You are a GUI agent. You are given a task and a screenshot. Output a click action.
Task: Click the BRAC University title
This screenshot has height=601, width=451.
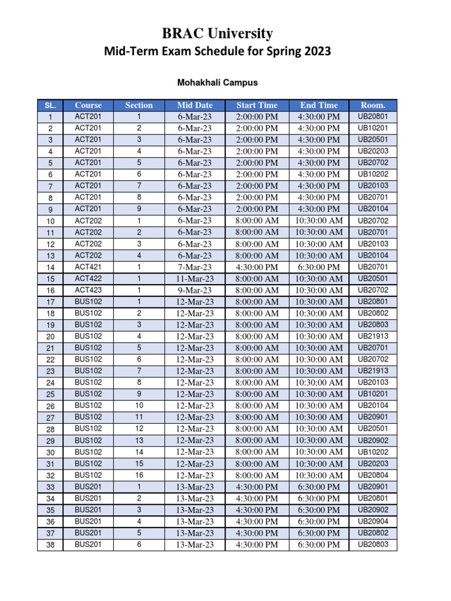pos(217,33)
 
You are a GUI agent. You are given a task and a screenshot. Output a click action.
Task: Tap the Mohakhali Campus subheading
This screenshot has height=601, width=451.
pos(217,83)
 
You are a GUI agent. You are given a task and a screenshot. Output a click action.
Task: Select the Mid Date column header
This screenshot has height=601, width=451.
pos(194,106)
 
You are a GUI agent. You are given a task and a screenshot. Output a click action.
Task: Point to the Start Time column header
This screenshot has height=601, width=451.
pos(257,106)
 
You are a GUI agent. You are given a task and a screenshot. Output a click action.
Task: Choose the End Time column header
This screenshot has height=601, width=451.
pos(319,106)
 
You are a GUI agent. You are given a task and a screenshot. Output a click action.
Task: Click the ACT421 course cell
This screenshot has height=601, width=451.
pos(88,267)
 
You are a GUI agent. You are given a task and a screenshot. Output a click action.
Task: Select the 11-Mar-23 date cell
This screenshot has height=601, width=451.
pos(194,279)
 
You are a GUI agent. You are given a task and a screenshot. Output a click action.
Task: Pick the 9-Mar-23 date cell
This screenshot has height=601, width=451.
pos(194,291)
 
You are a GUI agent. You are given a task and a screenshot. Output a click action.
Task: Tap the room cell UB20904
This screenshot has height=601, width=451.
pos(373,522)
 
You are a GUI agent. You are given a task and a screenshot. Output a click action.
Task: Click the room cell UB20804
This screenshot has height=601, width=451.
pos(373,475)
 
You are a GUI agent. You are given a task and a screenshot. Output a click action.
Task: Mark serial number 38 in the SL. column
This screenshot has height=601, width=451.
pos(50,545)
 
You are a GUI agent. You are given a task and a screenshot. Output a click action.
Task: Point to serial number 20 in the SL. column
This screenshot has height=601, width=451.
pos(50,337)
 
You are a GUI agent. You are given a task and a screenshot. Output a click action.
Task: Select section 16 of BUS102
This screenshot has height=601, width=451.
pos(139,475)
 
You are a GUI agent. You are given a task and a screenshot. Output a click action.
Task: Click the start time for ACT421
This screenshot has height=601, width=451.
pos(257,267)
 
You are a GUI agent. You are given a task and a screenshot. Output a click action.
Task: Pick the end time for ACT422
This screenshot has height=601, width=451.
pos(319,279)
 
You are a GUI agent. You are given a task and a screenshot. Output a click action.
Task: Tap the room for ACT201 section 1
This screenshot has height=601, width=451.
pos(373,117)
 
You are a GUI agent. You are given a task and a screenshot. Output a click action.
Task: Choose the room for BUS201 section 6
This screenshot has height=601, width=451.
pos(373,545)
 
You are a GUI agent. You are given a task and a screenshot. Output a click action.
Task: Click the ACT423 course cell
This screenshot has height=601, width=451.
pos(88,291)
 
